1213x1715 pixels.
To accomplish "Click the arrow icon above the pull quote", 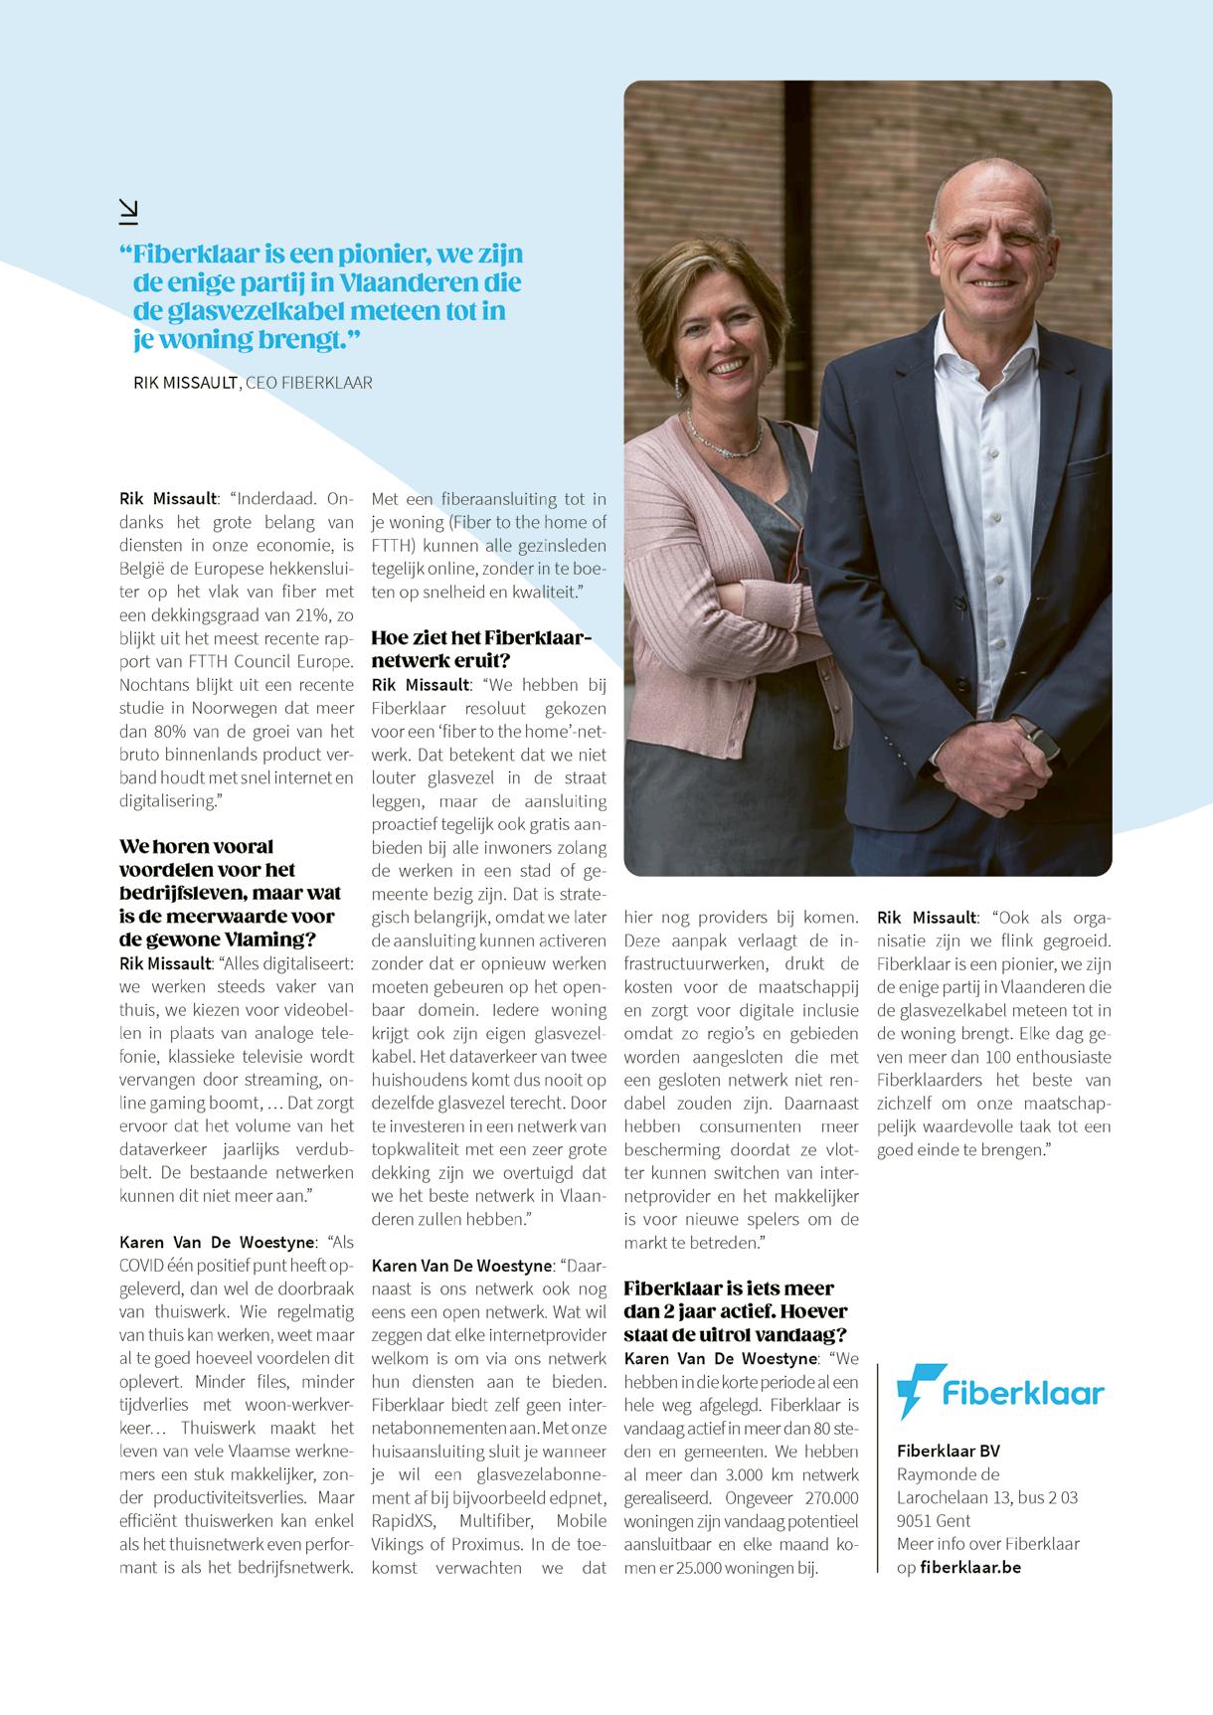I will [128, 210].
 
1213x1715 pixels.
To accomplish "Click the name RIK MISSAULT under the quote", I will [186, 383].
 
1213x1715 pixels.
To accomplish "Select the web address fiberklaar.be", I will [970, 1567].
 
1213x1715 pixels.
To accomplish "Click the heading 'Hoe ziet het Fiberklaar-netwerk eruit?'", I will [481, 649].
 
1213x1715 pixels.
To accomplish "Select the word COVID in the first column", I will [147, 1266].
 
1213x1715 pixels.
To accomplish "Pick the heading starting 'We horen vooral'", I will [227, 893].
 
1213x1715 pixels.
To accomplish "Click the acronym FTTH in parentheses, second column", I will [394, 545].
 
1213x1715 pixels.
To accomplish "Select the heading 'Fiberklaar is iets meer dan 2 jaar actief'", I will [736, 1311].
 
